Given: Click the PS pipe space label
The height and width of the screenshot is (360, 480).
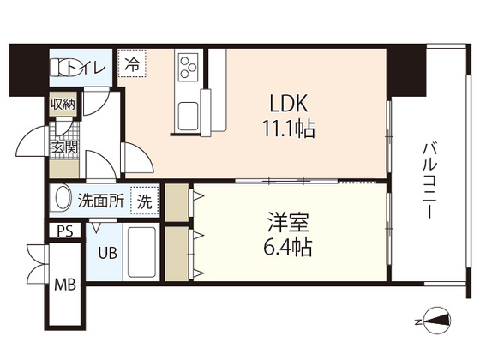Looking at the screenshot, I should pos(64,231).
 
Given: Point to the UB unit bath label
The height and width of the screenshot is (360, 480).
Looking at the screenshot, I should pos(107,254).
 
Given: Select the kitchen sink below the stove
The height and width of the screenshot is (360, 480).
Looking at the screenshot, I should pos(187,112).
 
